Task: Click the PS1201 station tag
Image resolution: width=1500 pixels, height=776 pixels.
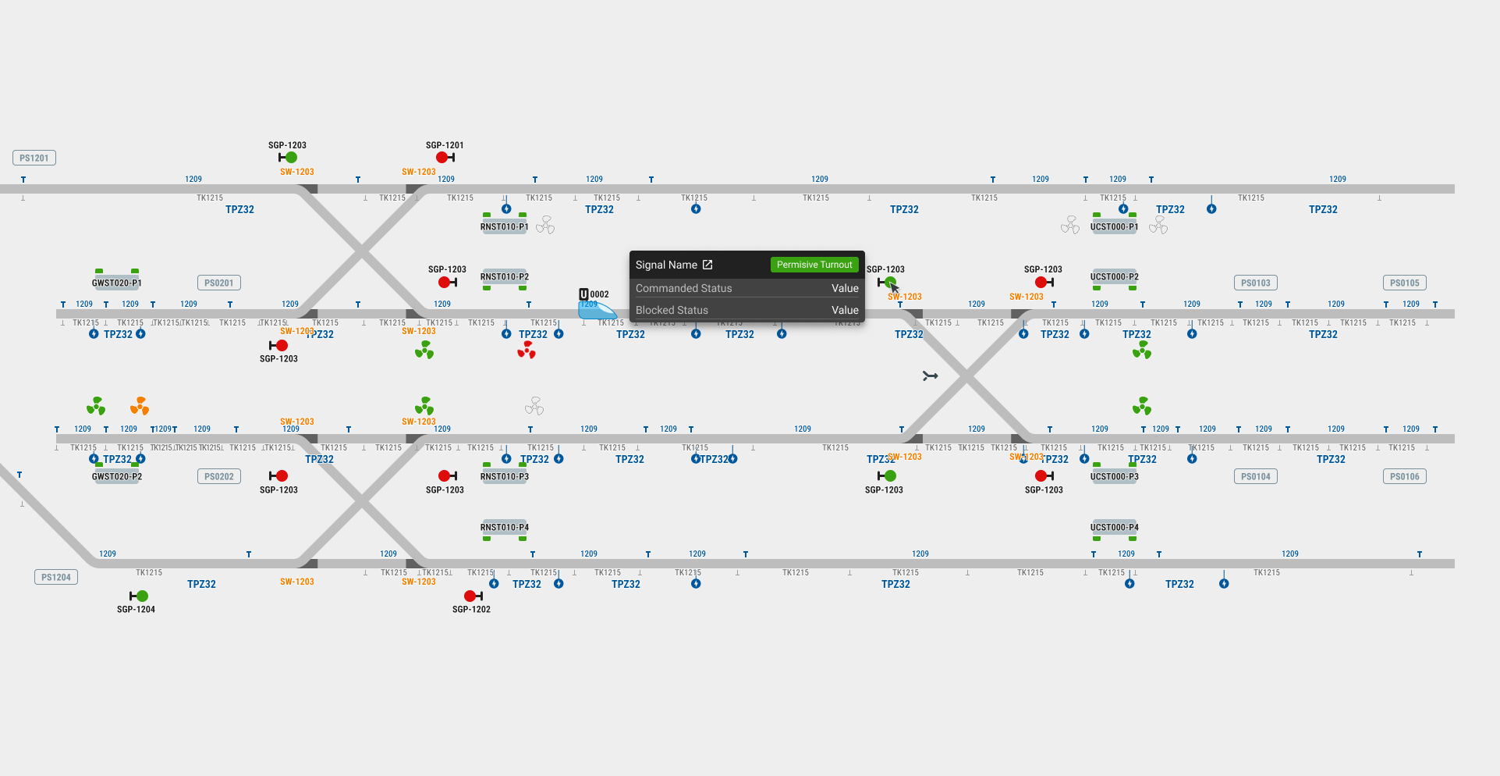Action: (x=34, y=158)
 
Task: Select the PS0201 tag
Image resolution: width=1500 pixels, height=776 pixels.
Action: (x=219, y=283)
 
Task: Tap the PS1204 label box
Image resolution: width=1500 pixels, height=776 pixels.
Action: (x=56, y=577)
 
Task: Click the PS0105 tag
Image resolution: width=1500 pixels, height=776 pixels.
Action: (x=1404, y=283)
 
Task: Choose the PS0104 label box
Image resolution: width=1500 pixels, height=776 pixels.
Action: (x=1256, y=476)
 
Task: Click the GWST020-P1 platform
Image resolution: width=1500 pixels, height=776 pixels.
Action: (x=117, y=282)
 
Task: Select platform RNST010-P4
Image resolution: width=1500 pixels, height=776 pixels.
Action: (x=505, y=528)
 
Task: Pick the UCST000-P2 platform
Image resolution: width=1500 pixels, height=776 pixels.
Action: (x=1114, y=277)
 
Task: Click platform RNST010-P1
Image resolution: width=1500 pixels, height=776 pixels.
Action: (x=505, y=226)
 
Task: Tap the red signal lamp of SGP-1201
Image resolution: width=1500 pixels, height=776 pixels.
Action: (x=442, y=157)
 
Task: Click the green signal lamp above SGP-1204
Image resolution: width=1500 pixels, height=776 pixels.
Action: (x=142, y=596)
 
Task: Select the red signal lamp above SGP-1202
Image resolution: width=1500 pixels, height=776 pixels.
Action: (x=470, y=596)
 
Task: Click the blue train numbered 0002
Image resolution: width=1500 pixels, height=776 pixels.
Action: (x=597, y=310)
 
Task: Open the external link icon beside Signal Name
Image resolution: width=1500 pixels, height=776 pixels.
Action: (x=707, y=265)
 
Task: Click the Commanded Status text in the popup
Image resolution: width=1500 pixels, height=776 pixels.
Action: (x=683, y=288)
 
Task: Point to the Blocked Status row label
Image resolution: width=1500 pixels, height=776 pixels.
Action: (x=672, y=310)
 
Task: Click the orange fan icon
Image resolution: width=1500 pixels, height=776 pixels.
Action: (x=140, y=406)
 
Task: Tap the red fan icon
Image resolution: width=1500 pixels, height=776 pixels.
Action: (x=527, y=351)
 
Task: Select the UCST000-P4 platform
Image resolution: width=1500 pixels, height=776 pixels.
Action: (x=1114, y=528)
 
